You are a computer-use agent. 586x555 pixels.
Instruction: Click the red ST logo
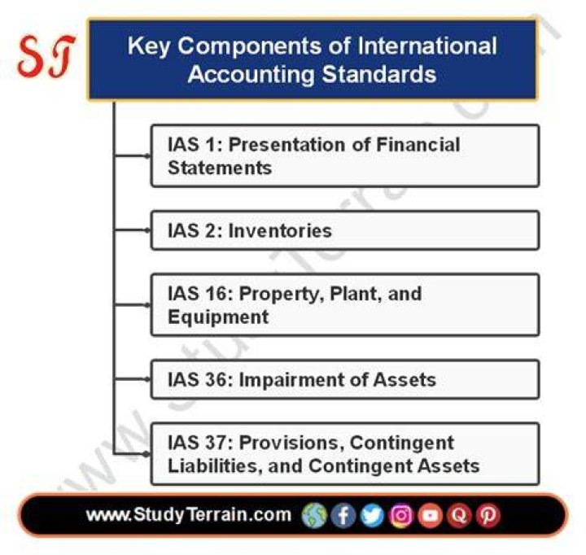(x=46, y=56)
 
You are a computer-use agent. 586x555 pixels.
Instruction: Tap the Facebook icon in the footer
(x=343, y=515)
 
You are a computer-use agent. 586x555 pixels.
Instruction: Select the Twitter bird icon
(x=372, y=515)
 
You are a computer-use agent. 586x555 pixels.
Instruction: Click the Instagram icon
(x=401, y=515)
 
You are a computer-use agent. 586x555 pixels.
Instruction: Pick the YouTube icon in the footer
(x=431, y=515)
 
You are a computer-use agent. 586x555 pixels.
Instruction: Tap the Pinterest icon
(x=488, y=515)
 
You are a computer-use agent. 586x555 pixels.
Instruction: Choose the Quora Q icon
(x=459, y=515)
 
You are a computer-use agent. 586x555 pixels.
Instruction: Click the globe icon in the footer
(x=314, y=515)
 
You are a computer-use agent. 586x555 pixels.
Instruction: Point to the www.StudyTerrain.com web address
(x=189, y=514)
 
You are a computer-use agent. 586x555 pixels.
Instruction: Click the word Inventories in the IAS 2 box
(x=280, y=230)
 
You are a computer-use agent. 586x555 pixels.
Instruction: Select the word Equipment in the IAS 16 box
(x=218, y=317)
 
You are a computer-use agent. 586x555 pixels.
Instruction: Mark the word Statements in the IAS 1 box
(x=220, y=168)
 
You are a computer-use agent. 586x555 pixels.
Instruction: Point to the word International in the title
(x=427, y=46)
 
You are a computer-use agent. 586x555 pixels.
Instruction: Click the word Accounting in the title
(x=251, y=74)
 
